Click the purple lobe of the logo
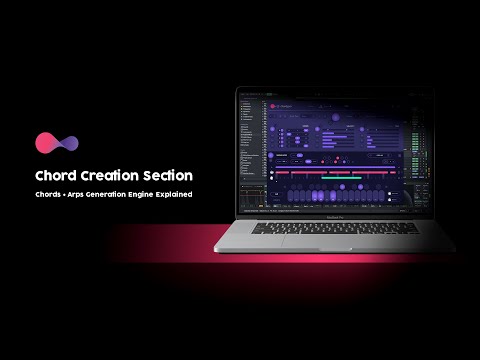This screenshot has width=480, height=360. tap(67, 142)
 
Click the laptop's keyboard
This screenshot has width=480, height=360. tap(340, 228)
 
